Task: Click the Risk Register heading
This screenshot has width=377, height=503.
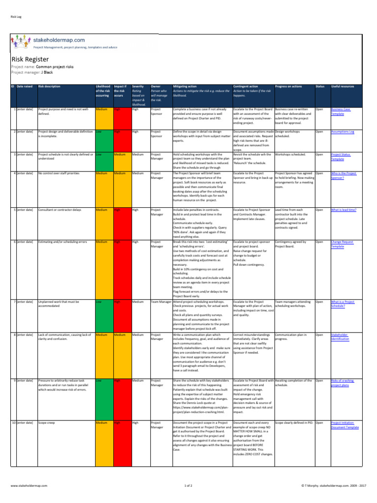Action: click(x=30, y=59)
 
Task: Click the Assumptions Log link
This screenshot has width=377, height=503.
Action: click(x=342, y=132)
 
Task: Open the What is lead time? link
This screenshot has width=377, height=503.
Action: click(x=344, y=210)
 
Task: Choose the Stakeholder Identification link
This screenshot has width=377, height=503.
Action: click(x=340, y=336)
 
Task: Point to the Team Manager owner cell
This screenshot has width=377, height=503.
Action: click(x=161, y=301)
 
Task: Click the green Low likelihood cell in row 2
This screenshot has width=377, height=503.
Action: click(x=103, y=140)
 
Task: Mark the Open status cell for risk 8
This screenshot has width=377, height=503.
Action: click(x=319, y=335)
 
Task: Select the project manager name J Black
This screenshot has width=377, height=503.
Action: click(x=44, y=72)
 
